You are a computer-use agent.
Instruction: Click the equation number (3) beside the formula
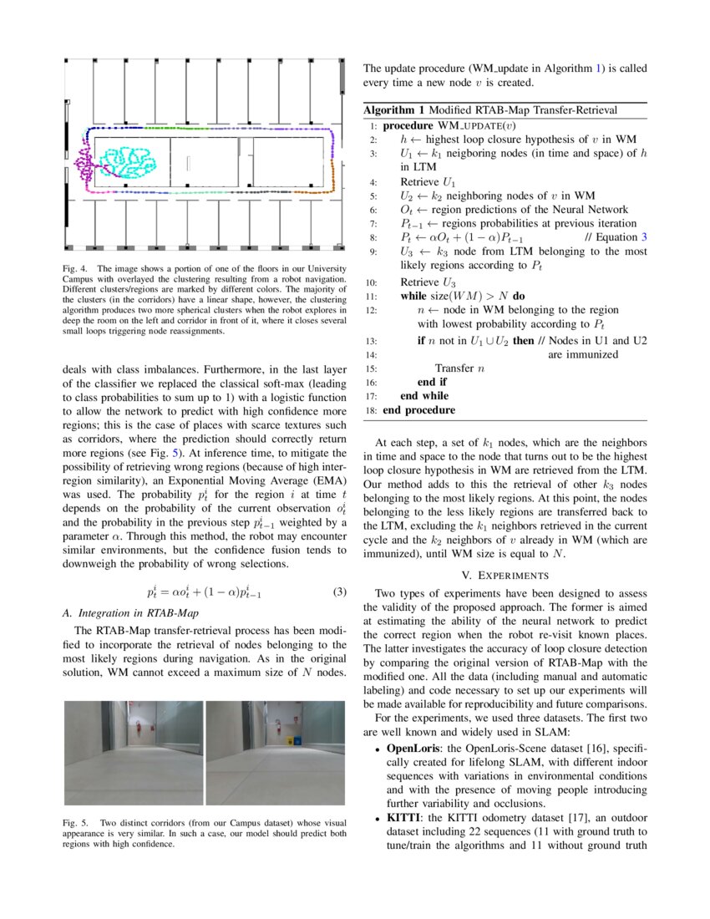click(x=339, y=592)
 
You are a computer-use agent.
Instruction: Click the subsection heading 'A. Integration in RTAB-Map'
click(x=126, y=612)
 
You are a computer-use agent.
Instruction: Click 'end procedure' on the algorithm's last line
click(x=418, y=410)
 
